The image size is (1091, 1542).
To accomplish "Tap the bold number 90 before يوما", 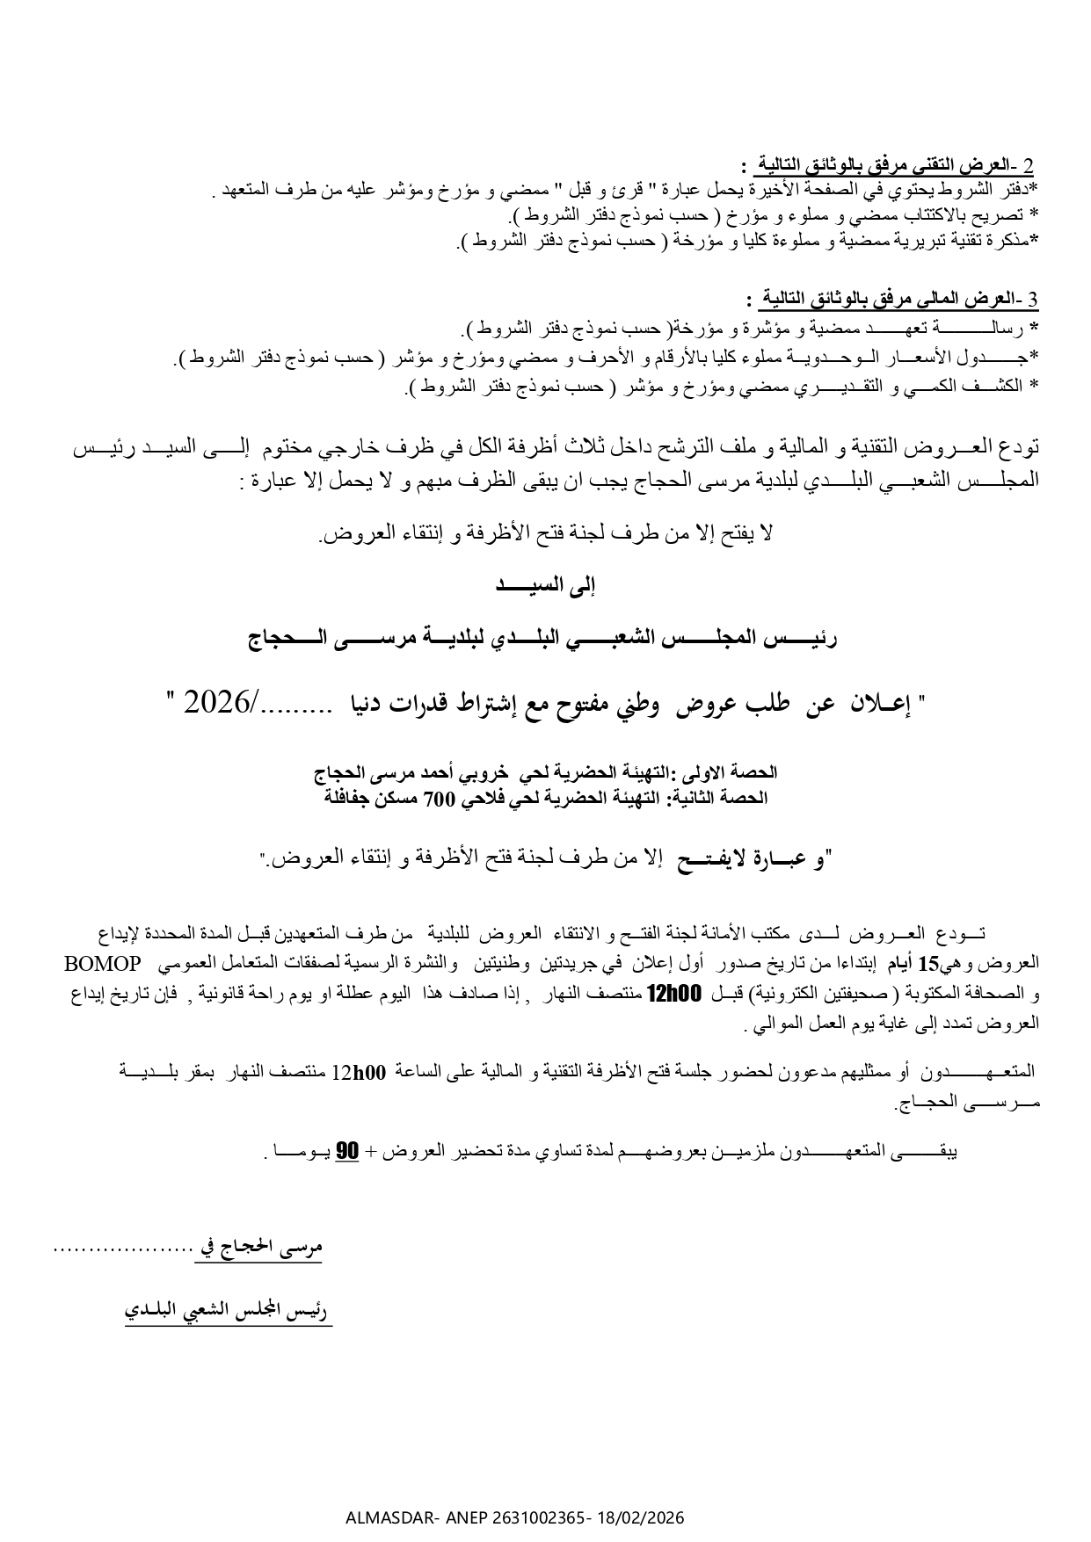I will (x=348, y=1151).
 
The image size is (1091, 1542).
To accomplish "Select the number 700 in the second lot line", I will (x=438, y=798).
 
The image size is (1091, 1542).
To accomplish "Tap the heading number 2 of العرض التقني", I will (x=1029, y=165).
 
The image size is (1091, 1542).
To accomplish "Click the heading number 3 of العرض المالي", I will (x=1033, y=300).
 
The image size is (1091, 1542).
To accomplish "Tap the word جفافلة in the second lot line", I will (x=346, y=798).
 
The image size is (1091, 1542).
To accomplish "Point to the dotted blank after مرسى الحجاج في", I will (x=122, y=1247).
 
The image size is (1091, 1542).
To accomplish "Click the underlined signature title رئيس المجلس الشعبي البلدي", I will (x=229, y=1312).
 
